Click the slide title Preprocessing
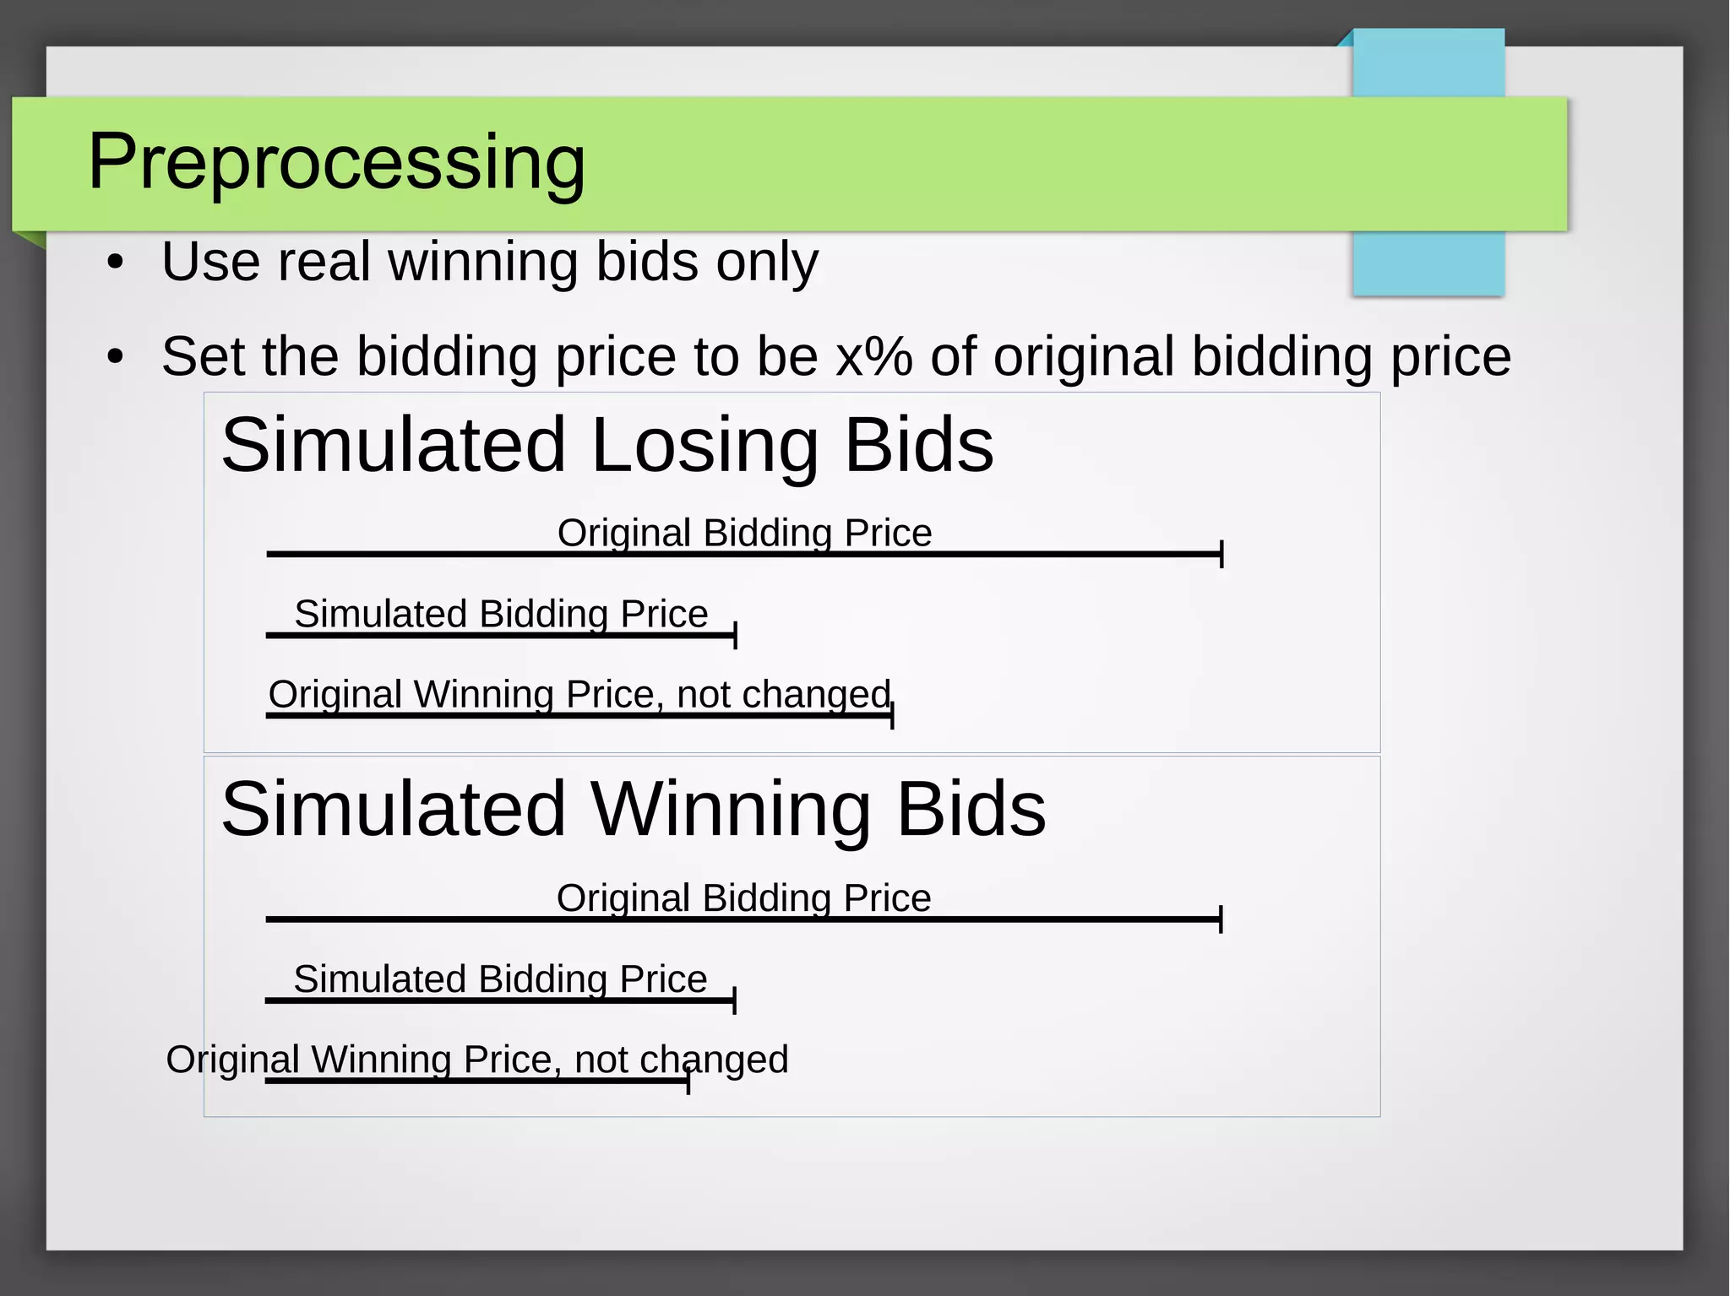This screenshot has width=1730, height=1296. coord(336,161)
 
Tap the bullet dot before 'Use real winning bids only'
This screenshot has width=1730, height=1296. coord(116,263)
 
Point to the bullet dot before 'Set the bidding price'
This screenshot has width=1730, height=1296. coord(116,357)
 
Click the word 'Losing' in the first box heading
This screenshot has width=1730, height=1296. coord(705,445)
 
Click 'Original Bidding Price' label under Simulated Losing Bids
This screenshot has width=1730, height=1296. coord(744,533)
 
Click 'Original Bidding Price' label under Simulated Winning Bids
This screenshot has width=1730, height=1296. coord(743,897)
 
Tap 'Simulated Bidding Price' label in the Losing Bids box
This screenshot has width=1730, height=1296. coord(501,614)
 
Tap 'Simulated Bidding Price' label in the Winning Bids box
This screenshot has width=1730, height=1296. coord(500,979)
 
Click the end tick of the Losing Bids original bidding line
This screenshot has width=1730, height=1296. coord(1221,555)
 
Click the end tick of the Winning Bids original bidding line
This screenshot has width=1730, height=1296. coord(1221,919)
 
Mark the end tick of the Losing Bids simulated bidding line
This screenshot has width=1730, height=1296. coord(736,635)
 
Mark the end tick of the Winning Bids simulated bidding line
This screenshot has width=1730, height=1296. coord(735,1000)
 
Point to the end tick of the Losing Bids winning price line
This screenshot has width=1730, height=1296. coord(892,715)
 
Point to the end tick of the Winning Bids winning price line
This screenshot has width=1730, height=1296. coord(688,1081)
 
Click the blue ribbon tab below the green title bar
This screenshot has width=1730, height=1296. coord(1428,263)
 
